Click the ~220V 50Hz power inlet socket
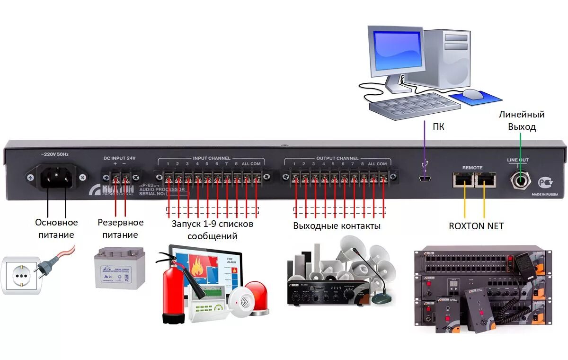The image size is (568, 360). click(57, 178)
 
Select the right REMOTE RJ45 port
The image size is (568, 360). click(485, 179)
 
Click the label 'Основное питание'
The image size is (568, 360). click(56, 228)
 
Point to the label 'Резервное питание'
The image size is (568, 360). click(120, 228)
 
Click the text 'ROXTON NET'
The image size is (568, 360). click(476, 226)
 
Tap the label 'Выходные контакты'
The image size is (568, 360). click(337, 226)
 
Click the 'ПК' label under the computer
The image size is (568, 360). click(438, 126)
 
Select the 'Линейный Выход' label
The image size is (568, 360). click(522, 120)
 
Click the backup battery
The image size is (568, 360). click(120, 268)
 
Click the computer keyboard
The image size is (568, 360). click(414, 106)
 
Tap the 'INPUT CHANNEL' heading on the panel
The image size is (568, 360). click(212, 158)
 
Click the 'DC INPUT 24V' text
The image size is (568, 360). click(119, 158)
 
